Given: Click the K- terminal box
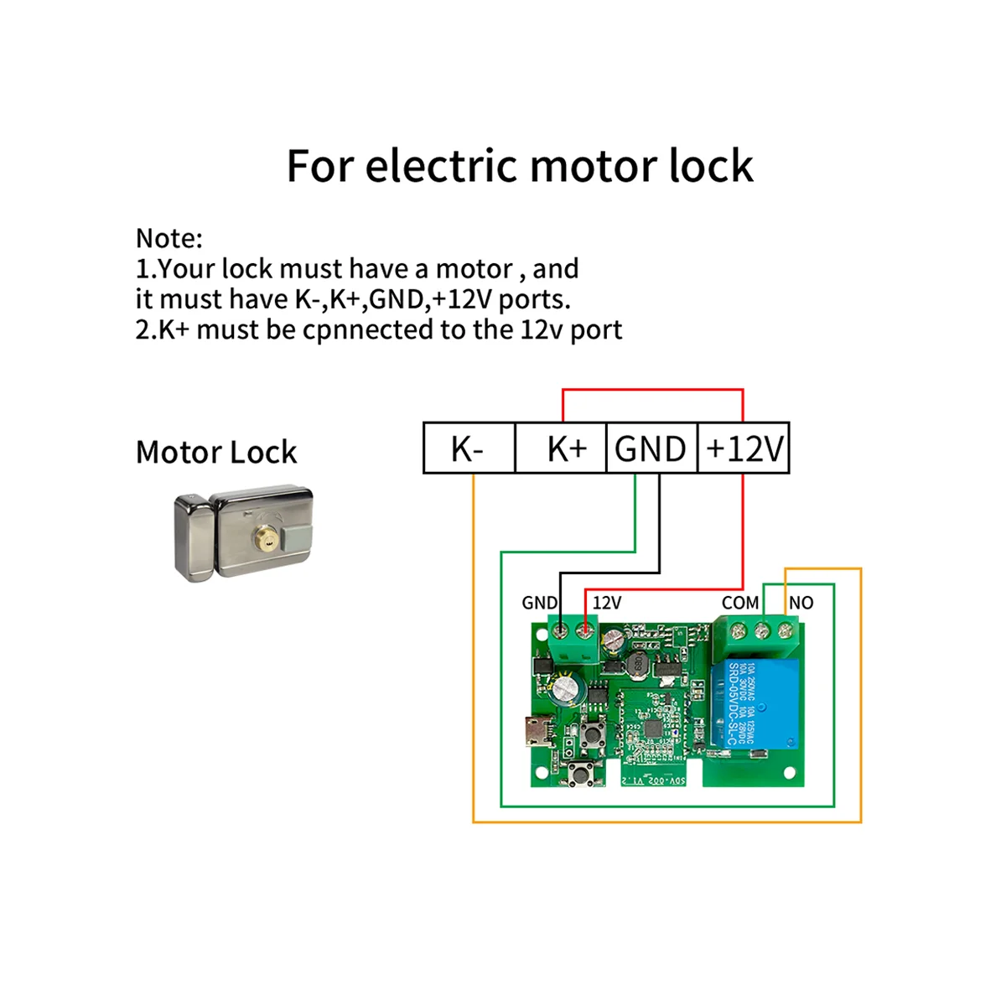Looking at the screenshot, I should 468,449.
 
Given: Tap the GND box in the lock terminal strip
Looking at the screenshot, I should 651,449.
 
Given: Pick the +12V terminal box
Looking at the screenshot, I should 744,449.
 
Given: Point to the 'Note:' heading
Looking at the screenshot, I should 169,239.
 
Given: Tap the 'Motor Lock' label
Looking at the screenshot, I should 216,453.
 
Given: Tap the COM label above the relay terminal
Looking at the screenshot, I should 740,603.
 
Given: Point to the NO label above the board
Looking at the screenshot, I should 801,603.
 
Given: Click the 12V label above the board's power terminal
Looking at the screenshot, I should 607,603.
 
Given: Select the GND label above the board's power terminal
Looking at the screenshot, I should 539,603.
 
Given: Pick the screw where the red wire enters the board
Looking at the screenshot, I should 585,629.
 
